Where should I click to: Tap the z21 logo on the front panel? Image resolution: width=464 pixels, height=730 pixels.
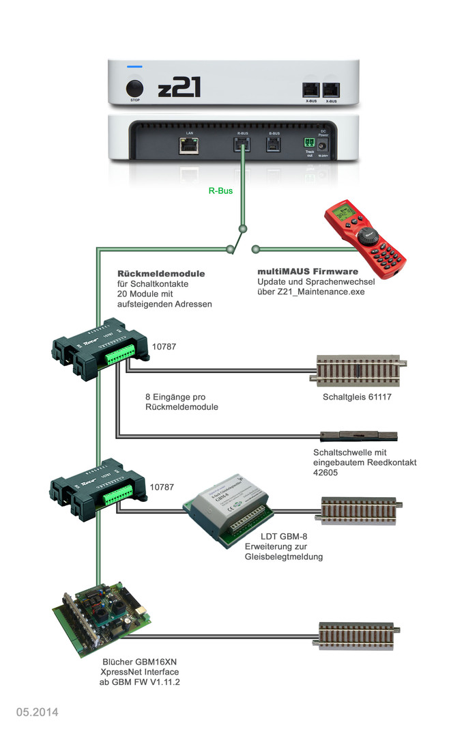(x=179, y=88)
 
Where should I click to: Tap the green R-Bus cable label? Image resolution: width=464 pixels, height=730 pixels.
(x=220, y=191)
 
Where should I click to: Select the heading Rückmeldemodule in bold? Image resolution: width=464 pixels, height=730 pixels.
(x=161, y=274)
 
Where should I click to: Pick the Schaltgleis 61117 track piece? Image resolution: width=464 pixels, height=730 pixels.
(x=358, y=371)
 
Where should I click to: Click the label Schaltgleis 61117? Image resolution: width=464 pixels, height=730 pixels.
(x=358, y=397)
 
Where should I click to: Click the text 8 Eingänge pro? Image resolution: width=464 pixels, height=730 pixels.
(x=176, y=397)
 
